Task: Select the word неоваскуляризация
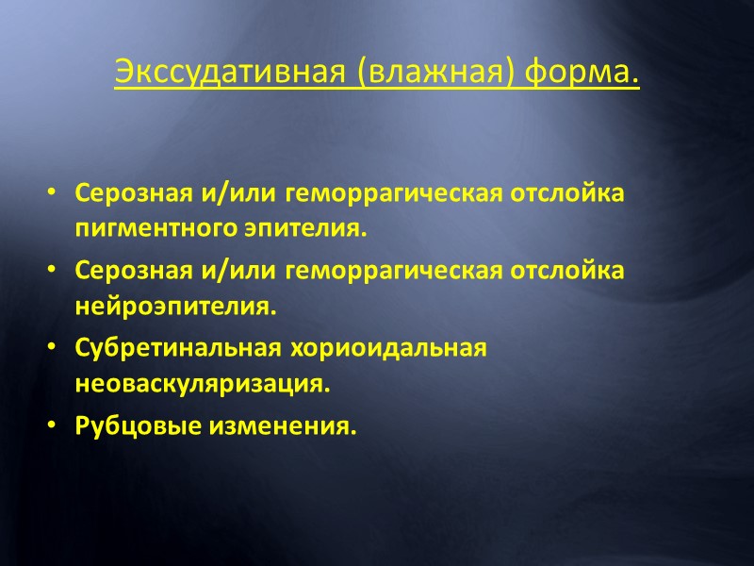pyautogui.click(x=203, y=385)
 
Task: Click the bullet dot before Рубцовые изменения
pyautogui.click(x=50, y=426)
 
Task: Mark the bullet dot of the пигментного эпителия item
pyautogui.click(x=50, y=193)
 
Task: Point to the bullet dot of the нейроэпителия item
pyautogui.click(x=50, y=271)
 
